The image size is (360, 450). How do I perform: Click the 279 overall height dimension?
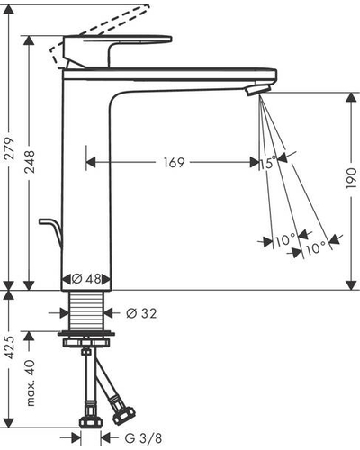tap(9, 148)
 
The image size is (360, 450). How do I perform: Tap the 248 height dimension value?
tap(30, 162)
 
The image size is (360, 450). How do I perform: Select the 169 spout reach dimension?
tap(174, 163)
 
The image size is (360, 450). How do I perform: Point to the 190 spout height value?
tap(351, 178)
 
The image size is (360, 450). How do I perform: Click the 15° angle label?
tap(268, 163)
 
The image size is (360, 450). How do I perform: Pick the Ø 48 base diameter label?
tap(86, 279)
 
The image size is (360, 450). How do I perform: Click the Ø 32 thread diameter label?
tap(141, 313)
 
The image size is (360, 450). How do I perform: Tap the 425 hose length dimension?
tap(9, 347)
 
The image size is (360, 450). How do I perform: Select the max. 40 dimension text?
tap(31, 383)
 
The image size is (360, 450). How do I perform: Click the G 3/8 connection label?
tap(143, 438)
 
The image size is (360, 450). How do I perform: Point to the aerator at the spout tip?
tap(258, 90)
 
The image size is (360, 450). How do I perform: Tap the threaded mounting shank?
tap(86, 310)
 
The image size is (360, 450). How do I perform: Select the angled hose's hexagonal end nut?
tap(123, 415)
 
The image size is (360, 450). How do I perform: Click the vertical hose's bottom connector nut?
tap(91, 421)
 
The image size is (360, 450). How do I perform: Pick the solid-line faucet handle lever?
tap(118, 51)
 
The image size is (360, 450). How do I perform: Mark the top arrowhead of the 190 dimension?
tap(351, 98)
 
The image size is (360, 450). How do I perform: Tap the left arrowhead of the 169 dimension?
tap(91, 163)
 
